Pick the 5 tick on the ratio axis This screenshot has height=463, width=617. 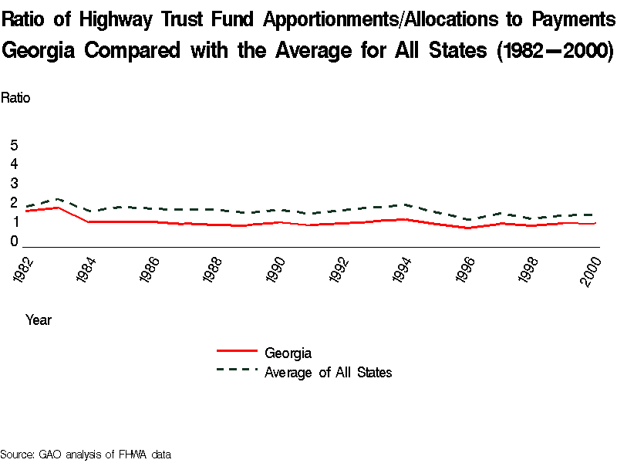(x=14, y=145)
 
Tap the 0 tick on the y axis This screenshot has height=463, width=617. (x=14, y=241)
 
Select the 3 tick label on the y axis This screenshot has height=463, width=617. (x=14, y=183)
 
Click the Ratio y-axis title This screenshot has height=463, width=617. (x=15, y=98)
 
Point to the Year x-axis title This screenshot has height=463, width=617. (x=39, y=319)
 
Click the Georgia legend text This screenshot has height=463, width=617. (x=288, y=353)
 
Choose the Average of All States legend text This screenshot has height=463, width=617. (x=328, y=373)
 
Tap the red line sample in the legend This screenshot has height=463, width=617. (x=236, y=352)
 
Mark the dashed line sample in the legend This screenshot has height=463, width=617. (x=236, y=370)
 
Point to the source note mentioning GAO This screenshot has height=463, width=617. (x=86, y=454)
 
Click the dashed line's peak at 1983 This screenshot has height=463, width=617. (x=58, y=199)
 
